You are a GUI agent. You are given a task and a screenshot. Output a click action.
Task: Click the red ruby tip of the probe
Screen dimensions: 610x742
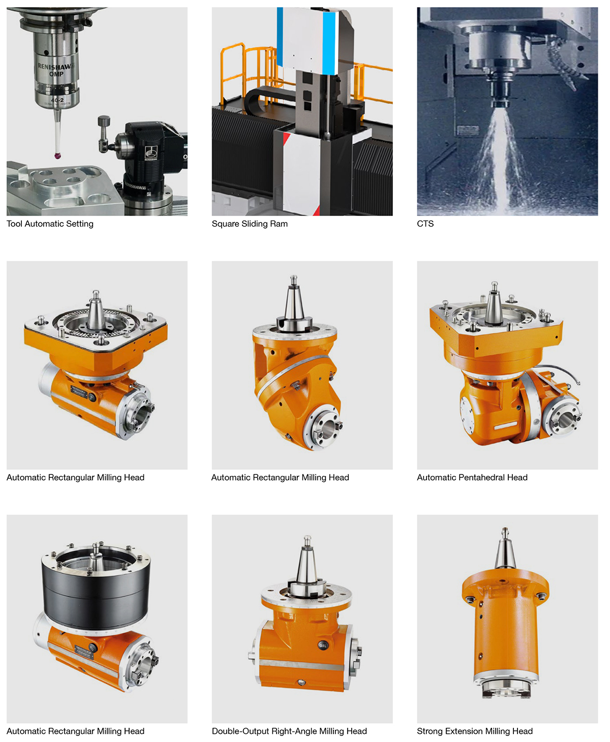57,155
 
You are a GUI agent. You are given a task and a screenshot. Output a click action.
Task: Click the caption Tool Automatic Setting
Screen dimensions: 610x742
50,224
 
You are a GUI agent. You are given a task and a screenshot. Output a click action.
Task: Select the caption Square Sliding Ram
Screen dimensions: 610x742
250,224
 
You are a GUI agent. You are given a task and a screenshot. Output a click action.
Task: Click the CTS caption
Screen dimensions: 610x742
425,224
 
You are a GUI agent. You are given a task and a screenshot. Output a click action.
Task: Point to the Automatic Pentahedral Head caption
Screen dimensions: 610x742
472,477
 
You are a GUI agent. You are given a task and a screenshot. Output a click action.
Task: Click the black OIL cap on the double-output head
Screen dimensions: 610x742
323,645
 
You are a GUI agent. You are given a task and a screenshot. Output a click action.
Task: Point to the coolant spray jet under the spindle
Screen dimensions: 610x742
502,162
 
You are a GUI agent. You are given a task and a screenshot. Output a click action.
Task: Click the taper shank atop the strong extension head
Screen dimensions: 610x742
505,549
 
